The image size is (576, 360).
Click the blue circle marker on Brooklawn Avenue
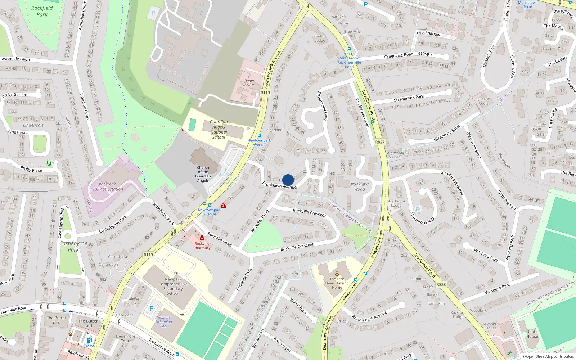coord(288,180)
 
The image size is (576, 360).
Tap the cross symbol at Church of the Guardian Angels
coord(203,162)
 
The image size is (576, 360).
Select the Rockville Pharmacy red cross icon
coord(202,238)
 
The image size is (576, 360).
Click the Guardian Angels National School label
coord(219,130)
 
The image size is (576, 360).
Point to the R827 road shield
coord(380,142)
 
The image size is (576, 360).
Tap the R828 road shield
coord(441,284)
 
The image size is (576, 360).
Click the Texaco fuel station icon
coord(89,340)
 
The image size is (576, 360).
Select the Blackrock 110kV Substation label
coord(107,186)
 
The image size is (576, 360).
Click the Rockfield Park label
coord(42,11)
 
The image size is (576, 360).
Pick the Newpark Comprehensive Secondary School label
coord(173,286)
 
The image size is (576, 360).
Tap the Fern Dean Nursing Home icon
coord(337,274)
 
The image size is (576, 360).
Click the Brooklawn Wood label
coord(359,186)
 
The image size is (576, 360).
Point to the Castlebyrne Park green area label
coord(73,246)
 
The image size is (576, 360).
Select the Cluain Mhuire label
coord(249,83)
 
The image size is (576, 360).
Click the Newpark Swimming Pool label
coord(164,322)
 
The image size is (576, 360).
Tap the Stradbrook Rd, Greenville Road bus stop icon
coord(348,49)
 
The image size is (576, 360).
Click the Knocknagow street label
coord(428,33)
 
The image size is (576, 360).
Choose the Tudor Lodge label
coord(320,39)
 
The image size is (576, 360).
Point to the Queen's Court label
coord(483,101)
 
